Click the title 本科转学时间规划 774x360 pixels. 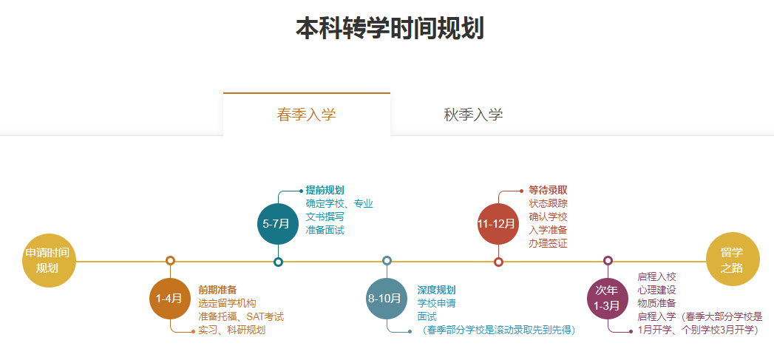tap(390, 28)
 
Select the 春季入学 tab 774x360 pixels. tap(307, 115)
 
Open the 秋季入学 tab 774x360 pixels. tap(473, 115)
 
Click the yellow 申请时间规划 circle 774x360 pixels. tap(49, 260)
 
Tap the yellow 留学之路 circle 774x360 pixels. tap(733, 259)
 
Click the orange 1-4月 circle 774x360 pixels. tap(170, 299)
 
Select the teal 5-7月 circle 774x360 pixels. tap(278, 224)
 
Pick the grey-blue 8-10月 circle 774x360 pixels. tap(387, 299)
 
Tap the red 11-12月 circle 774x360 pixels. tap(498, 224)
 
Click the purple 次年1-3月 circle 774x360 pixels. tap(607, 299)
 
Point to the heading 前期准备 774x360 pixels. tap(217, 290)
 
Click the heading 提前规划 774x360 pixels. tap(325, 190)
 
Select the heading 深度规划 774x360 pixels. tap(436, 290)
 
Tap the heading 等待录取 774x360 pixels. tap(548, 190)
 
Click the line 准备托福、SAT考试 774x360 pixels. tap(241, 316)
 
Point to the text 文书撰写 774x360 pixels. tap(325, 217)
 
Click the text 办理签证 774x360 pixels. tap(548, 243)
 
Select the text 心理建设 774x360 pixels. tap(656, 290)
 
